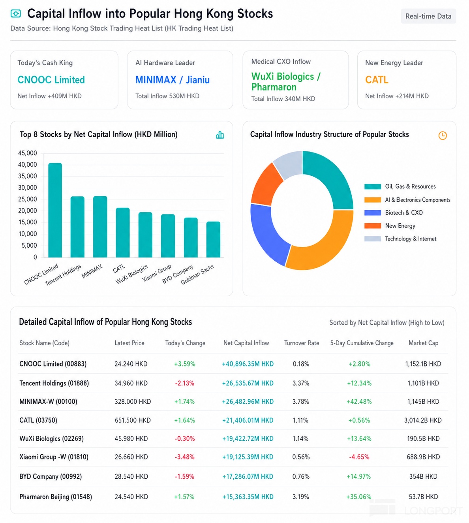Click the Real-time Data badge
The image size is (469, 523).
click(x=428, y=16)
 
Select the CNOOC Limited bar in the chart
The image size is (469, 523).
click(x=55, y=210)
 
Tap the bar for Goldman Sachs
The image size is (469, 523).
click(x=213, y=239)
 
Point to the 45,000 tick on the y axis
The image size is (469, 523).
click(x=27, y=153)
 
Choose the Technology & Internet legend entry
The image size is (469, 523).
click(x=400, y=239)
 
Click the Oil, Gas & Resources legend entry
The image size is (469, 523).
click(x=400, y=186)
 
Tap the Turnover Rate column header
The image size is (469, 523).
click(x=302, y=343)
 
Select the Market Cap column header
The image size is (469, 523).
click(x=423, y=343)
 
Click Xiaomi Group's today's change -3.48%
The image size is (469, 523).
click(x=184, y=457)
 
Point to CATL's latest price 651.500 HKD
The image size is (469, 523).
click(x=133, y=420)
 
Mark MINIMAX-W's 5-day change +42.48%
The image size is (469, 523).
click(x=359, y=402)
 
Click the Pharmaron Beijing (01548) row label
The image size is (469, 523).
click(x=56, y=497)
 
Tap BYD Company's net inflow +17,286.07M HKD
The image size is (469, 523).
click(x=248, y=476)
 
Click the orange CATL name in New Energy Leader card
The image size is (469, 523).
click(x=377, y=80)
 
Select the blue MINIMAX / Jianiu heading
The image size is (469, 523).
click(x=173, y=80)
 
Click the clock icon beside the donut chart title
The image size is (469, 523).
click(x=443, y=135)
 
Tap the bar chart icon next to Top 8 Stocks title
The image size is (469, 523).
click(x=220, y=135)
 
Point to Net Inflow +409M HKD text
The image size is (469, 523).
click(x=49, y=96)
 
